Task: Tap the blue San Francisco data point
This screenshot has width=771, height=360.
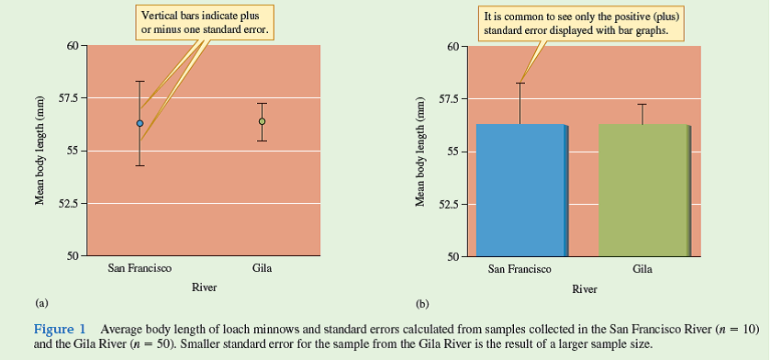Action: click(x=140, y=123)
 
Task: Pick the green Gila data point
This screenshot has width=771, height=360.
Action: click(x=263, y=121)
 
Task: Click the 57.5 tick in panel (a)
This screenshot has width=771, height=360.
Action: click(x=67, y=97)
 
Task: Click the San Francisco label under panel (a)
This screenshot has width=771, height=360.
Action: click(x=140, y=269)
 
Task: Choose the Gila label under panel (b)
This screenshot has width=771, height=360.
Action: click(x=642, y=269)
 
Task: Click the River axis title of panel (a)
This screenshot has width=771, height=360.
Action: click(x=204, y=287)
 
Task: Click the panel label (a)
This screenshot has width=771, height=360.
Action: click(x=40, y=301)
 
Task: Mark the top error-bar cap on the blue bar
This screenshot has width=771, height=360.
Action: click(x=520, y=84)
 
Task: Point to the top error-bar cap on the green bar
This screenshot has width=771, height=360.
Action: click(x=642, y=105)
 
